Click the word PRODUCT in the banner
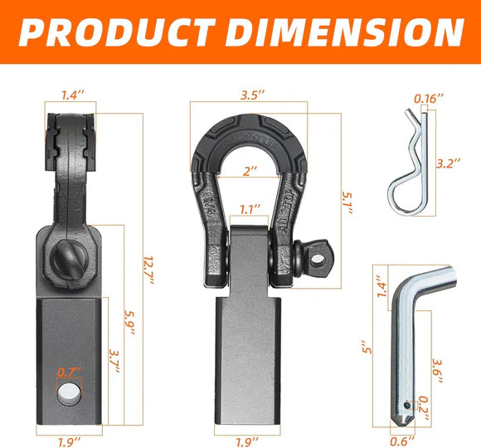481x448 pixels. (118, 32)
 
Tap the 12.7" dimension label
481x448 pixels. (149, 270)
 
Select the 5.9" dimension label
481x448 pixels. (130, 323)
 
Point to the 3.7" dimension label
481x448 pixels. (114, 361)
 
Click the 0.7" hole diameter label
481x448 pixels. (70, 373)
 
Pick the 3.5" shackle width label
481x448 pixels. (252, 95)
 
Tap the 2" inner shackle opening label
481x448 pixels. (250, 171)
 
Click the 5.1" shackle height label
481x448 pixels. (347, 202)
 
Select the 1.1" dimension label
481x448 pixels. (250, 210)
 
